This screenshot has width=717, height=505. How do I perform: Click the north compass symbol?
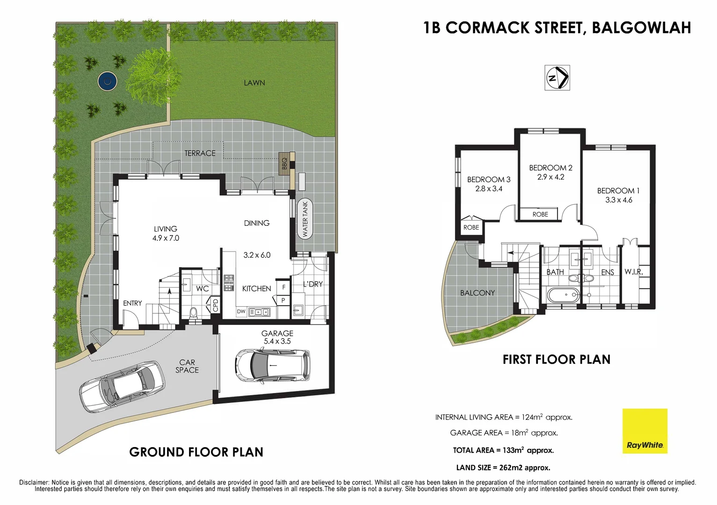[x=558, y=78]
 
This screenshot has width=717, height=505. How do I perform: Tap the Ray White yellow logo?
[x=645, y=431]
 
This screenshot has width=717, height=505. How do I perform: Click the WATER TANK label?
[x=305, y=219]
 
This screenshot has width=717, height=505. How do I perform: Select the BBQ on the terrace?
[x=284, y=164]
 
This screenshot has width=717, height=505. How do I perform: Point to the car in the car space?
[x=123, y=386]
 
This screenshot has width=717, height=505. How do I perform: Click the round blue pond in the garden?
[x=108, y=81]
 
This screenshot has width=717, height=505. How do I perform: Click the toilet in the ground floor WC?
[x=193, y=312]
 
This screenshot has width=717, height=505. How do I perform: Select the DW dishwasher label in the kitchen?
[x=241, y=311]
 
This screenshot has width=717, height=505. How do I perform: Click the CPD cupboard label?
[x=216, y=305]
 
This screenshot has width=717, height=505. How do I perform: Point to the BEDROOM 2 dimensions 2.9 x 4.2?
[x=550, y=177]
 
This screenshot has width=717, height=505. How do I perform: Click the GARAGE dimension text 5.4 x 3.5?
[x=277, y=341]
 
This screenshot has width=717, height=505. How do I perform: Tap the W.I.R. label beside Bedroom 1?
[x=634, y=272]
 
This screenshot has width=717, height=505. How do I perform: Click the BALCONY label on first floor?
[x=477, y=293]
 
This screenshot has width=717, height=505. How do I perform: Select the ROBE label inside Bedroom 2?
[x=540, y=214]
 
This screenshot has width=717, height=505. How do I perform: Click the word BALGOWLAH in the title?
[x=641, y=28]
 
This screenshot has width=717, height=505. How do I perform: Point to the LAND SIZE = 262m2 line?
[x=503, y=468]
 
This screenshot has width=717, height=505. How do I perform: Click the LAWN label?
[x=254, y=83]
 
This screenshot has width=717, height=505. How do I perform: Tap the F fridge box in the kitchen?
[x=283, y=287]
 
